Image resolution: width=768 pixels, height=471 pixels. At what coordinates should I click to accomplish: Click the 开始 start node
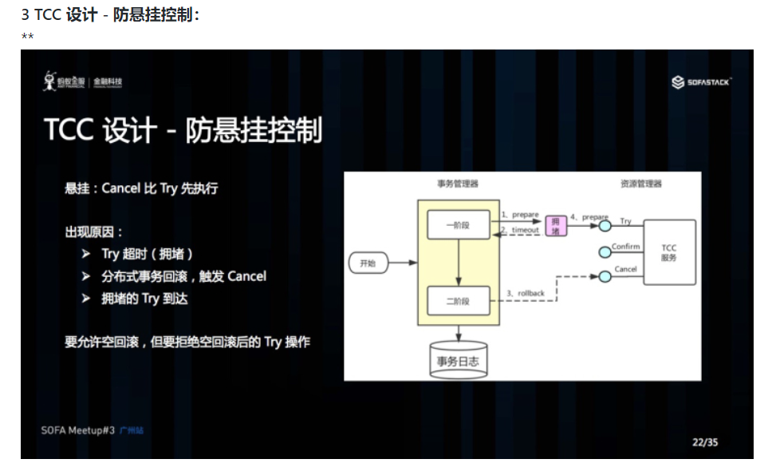coord(368,263)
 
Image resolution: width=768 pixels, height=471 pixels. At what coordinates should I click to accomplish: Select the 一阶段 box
coord(459,225)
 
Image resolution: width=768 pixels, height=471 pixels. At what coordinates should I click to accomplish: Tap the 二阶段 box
coord(459,300)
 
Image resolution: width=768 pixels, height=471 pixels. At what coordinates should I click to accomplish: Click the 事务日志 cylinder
coord(458,361)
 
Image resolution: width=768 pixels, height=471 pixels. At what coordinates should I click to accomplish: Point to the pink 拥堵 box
coord(556,225)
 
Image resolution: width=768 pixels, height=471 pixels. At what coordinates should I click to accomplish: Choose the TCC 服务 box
coord(668,253)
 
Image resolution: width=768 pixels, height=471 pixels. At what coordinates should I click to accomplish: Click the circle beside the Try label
coord(605,227)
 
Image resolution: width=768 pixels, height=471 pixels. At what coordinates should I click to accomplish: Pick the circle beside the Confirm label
coord(605,253)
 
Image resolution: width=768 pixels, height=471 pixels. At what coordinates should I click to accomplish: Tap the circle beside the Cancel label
coord(605,276)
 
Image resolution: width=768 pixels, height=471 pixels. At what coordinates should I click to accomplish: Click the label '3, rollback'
coord(526,293)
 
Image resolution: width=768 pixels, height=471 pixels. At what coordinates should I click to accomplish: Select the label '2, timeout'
coord(520,230)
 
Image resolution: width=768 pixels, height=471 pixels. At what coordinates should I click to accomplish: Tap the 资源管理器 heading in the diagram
coord(640,184)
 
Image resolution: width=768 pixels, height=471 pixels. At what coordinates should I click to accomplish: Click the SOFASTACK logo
coord(701,81)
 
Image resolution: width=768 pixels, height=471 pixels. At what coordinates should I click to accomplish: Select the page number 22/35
coord(704,441)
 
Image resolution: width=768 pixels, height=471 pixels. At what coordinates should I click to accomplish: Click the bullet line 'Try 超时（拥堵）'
coord(148,254)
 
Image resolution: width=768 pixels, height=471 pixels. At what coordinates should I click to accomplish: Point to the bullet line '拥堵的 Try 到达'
coord(144,299)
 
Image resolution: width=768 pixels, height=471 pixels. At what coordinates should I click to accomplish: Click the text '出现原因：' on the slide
coord(94,232)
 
